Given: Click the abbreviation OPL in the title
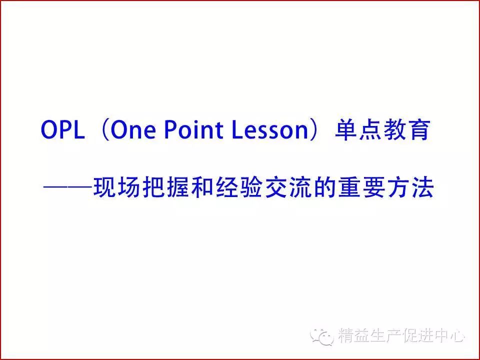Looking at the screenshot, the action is (x=63, y=130).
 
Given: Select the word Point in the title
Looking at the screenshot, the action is (x=193, y=129).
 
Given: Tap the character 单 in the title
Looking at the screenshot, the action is (x=346, y=130).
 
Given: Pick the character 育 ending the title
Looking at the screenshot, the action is (x=419, y=130).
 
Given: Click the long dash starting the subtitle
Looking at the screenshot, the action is (x=68, y=186).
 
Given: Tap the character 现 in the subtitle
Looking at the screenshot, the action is (x=104, y=186).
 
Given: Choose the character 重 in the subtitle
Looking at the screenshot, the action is (x=349, y=186).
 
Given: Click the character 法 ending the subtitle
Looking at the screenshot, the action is (x=423, y=186).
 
